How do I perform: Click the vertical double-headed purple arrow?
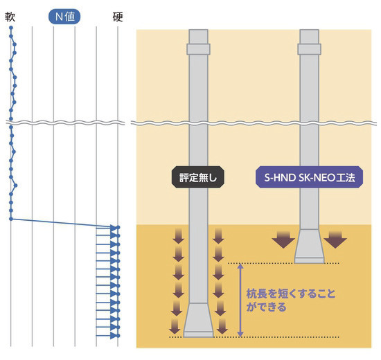coord(240,299)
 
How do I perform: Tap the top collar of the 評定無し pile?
coord(198,48)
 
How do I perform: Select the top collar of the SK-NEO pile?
coord(309,48)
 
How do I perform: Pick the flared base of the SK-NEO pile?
coord(309,249)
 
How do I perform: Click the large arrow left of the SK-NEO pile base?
coord(283,239)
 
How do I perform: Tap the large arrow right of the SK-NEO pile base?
coord(336,239)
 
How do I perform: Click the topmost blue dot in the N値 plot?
coord(12,33)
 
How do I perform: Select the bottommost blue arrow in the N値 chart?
coord(107,337)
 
